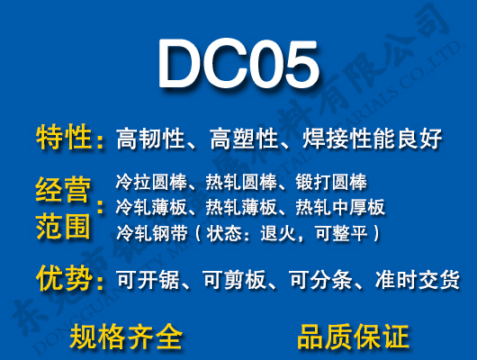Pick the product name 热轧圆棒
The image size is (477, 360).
[x=236, y=182]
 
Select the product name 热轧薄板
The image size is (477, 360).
[x=236, y=208]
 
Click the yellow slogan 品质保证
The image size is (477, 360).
[x=353, y=337]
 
